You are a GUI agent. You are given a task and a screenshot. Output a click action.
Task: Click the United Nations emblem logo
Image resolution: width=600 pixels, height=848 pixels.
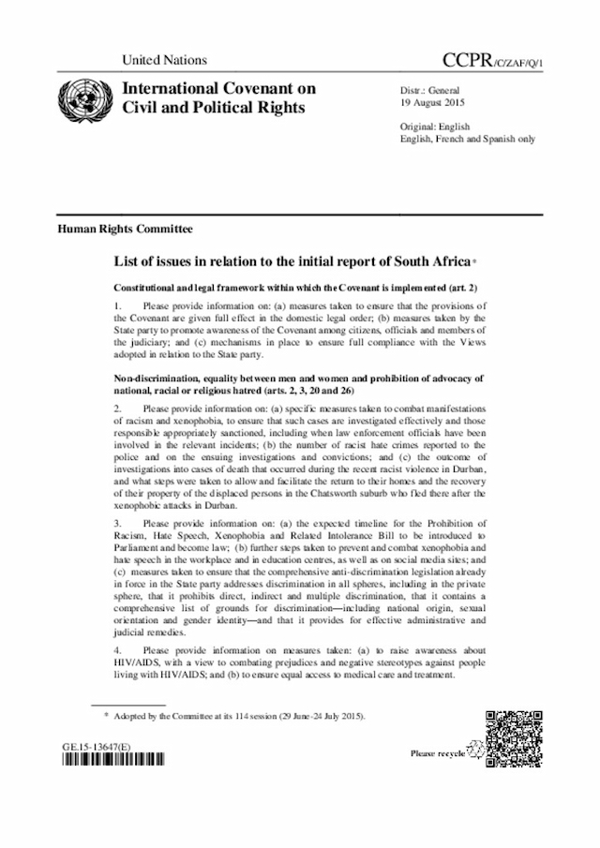(83, 98)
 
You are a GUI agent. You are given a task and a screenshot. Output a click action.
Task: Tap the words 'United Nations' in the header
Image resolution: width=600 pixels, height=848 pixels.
(164, 60)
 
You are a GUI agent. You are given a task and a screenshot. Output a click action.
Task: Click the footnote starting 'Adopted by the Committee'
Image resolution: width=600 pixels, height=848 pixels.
(239, 716)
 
